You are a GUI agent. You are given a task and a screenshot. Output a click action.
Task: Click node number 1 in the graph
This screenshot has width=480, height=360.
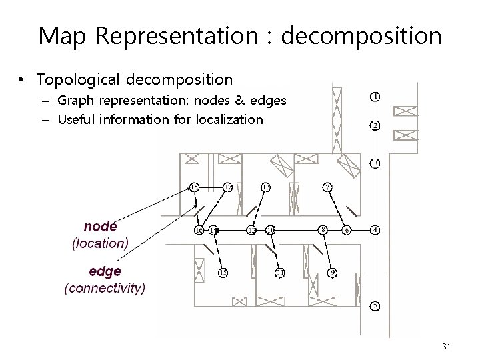click(x=375, y=96)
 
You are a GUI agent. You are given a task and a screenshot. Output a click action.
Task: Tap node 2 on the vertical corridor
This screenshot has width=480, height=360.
click(x=375, y=125)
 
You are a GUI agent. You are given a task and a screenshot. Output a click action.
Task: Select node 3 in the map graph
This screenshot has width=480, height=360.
click(x=375, y=163)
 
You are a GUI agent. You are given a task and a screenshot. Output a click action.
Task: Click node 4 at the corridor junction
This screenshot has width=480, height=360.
click(x=375, y=230)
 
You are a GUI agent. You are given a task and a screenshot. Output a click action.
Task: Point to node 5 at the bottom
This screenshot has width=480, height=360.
click(x=375, y=306)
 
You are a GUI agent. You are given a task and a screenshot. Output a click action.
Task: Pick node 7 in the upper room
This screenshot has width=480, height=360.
click(x=327, y=187)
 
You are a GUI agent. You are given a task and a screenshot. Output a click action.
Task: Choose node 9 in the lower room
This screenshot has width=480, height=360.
click(x=333, y=272)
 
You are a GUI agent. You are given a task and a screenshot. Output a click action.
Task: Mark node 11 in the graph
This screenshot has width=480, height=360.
click(x=280, y=273)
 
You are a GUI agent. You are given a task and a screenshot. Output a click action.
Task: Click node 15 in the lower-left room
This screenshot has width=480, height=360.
click(x=223, y=272)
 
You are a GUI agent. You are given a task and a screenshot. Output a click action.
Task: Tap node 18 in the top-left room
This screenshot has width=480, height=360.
click(x=195, y=187)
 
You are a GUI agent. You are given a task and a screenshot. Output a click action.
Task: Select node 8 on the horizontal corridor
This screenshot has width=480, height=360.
click(x=323, y=230)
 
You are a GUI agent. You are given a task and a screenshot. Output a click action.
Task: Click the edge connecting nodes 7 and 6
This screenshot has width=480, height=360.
click(x=337, y=209)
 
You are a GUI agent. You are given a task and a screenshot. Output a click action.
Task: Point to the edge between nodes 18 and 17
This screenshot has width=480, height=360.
click(x=211, y=187)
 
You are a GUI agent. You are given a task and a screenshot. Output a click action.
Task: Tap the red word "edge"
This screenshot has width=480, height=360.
click(x=104, y=272)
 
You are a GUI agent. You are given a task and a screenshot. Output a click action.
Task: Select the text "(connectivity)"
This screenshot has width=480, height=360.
click(x=104, y=289)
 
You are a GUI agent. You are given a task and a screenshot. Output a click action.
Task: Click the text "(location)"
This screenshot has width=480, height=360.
click(x=100, y=243)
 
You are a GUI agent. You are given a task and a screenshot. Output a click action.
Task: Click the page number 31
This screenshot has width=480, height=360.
click(x=446, y=345)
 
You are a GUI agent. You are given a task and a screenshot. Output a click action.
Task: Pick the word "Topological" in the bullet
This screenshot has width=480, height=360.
click(x=74, y=80)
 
